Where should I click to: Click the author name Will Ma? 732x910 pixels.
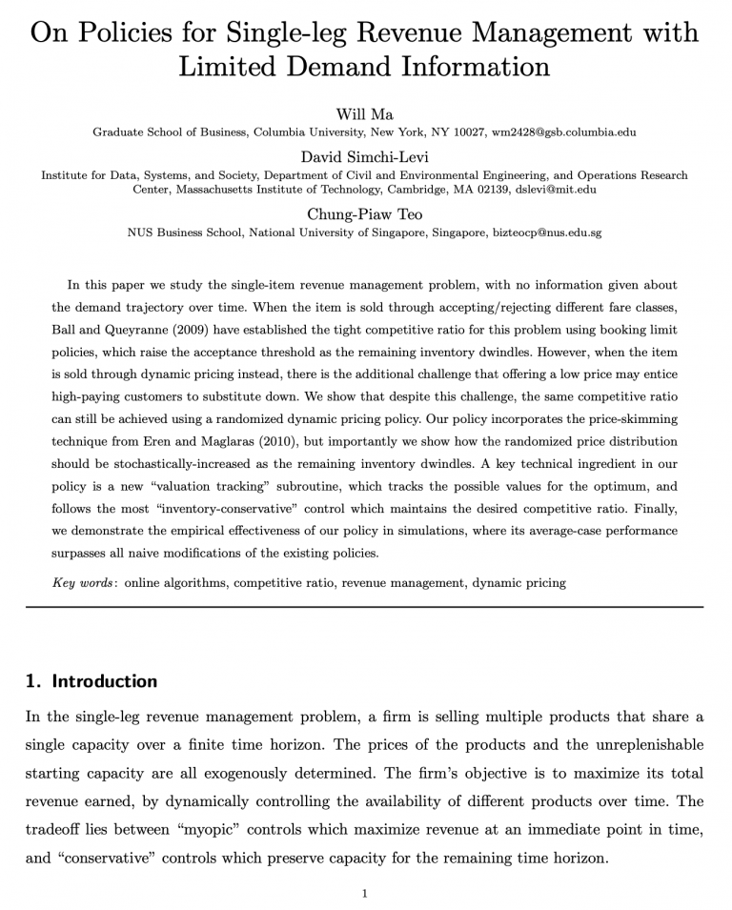tap(364, 114)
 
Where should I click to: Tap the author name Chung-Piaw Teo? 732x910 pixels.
tap(364, 214)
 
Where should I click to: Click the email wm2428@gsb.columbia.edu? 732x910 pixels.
tap(563, 132)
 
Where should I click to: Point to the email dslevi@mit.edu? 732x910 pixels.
tap(556, 190)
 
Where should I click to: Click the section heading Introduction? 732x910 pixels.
tap(104, 681)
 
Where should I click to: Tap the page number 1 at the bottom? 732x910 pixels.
tap(365, 893)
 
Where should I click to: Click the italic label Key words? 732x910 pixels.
tap(83, 582)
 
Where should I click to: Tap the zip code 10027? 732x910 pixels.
tap(466, 132)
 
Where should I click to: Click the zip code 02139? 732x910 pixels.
tap(489, 190)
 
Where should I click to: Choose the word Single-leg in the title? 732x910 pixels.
tap(283, 33)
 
